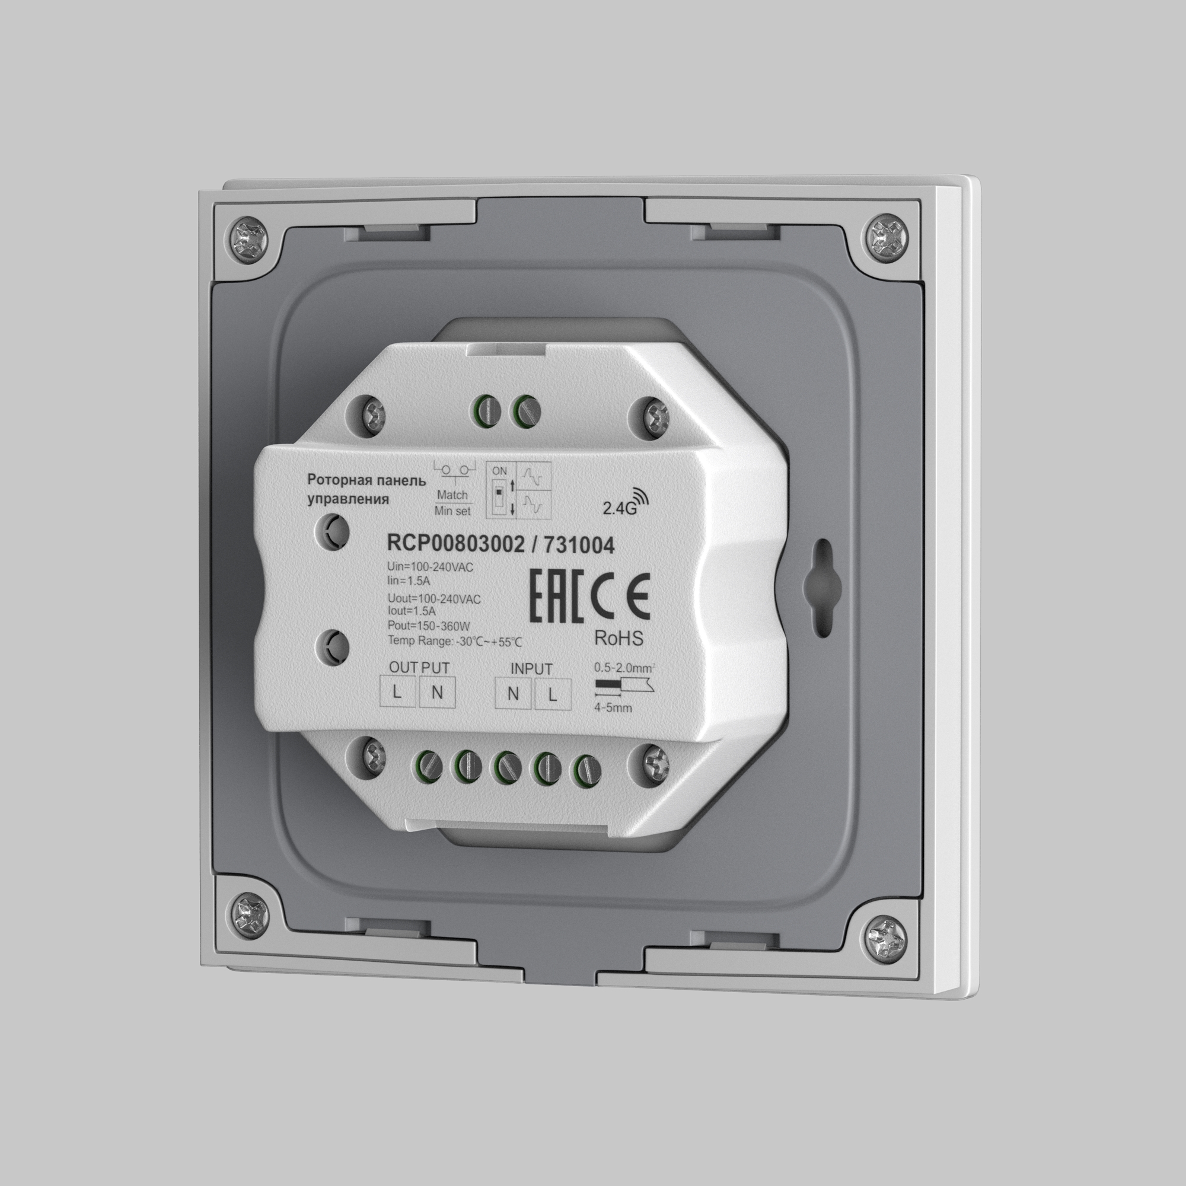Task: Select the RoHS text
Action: (618, 639)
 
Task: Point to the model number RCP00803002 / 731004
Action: (500, 544)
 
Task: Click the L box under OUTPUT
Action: (397, 693)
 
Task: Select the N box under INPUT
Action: (513, 694)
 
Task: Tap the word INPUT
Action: (531, 668)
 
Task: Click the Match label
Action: (452, 495)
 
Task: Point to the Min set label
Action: (452, 511)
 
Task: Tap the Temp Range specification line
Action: (454, 642)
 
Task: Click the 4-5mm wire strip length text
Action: (613, 708)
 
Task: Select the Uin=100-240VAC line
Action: (431, 568)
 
